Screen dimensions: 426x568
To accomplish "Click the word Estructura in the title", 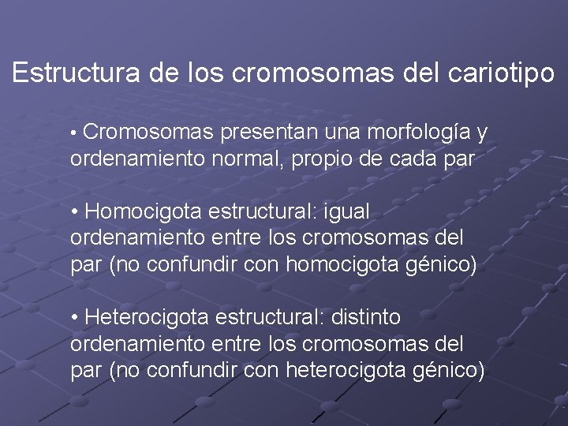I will click(76, 73).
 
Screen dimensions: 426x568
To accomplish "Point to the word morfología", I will click(422, 132).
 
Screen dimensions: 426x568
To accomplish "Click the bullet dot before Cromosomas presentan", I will click(74, 133).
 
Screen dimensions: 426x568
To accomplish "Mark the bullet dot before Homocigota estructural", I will click(74, 212).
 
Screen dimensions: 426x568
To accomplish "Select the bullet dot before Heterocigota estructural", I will click(74, 318).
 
